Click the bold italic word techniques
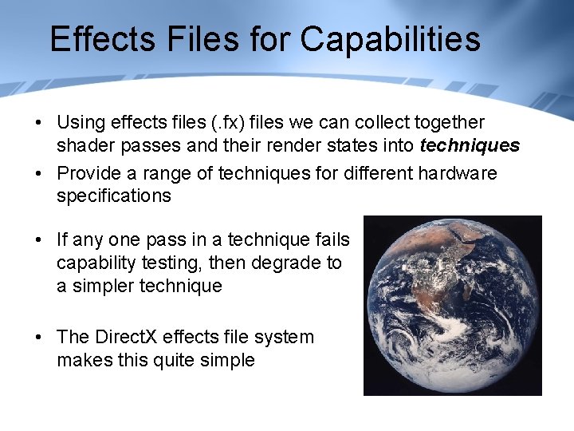[470, 145]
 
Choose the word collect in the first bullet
[372, 123]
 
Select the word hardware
[460, 173]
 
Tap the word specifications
[113, 196]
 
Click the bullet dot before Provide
[38, 174]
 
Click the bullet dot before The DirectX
[38, 338]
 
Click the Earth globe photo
[452, 305]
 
